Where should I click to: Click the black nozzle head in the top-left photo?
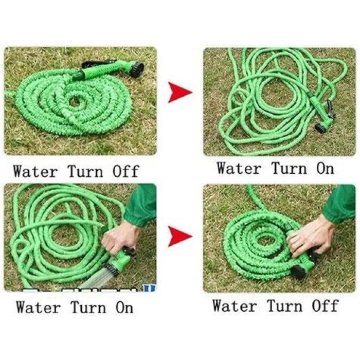point(136,68)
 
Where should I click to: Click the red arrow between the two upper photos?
point(179,93)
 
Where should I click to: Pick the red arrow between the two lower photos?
point(179,236)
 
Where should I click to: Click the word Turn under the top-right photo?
point(289,168)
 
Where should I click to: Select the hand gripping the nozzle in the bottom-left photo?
point(119,238)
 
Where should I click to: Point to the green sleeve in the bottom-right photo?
point(339,203)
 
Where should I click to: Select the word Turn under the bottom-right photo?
point(284,305)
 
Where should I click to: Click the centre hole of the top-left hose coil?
point(76,101)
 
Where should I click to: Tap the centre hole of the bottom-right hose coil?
point(266,240)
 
